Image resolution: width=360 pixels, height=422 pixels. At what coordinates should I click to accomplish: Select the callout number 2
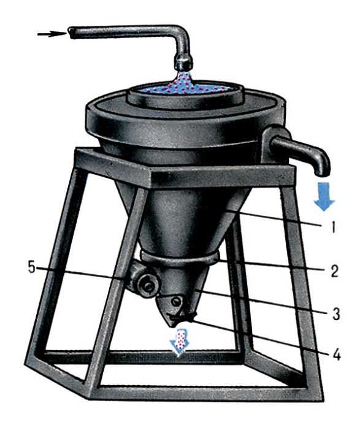334,271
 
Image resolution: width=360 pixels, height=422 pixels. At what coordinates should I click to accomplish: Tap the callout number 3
336,313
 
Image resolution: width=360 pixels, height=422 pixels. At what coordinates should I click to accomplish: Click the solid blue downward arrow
324,196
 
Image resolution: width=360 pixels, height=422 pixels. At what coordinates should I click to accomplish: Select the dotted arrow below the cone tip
180,343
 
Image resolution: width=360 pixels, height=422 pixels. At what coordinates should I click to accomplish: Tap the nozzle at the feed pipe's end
183,63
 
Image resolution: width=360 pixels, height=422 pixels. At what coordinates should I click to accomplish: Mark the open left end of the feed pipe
71,33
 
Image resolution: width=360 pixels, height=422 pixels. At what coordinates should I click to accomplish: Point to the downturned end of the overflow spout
322,167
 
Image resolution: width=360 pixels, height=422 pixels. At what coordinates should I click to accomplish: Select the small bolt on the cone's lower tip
176,301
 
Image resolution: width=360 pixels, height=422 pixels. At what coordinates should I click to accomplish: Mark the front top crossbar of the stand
223,176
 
